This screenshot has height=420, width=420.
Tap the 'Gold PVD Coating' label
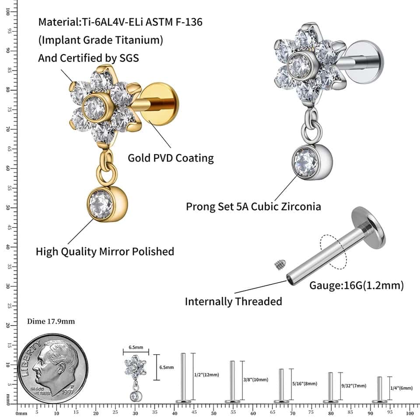[171, 158]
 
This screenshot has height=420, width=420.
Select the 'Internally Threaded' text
[233, 301]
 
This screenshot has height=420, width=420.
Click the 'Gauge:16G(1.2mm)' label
[357, 286]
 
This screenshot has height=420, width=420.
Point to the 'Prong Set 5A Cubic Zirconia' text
[253, 206]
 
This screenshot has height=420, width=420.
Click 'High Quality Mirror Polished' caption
[105, 252]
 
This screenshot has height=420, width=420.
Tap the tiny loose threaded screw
[278, 264]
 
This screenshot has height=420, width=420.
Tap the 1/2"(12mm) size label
[206, 375]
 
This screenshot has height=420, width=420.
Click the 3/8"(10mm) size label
[255, 380]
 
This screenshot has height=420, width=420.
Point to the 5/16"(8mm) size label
[304, 384]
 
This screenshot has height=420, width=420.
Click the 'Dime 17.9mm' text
[51, 322]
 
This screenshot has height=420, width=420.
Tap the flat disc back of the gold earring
[161, 105]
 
